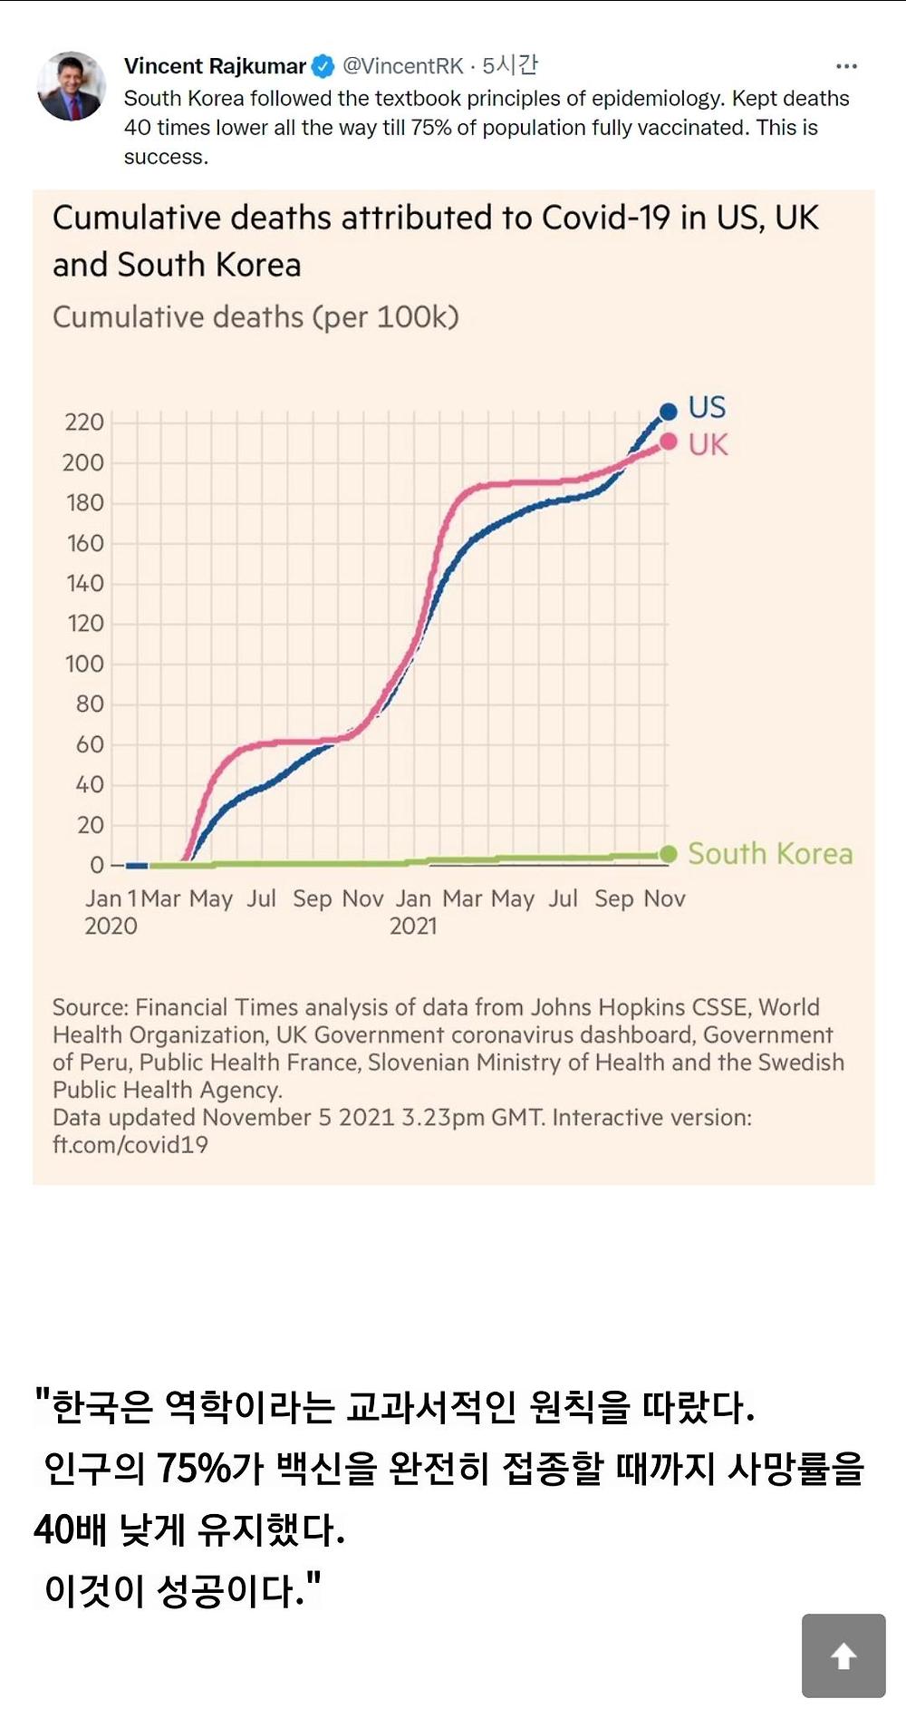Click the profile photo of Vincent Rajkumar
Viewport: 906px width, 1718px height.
pyautogui.click(x=71, y=86)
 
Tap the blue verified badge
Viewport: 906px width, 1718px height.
pyautogui.click(x=323, y=66)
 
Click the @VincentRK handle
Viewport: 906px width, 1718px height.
pyautogui.click(x=402, y=66)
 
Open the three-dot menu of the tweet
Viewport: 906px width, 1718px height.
pyautogui.click(x=846, y=66)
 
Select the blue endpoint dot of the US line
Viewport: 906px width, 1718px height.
pyautogui.click(x=669, y=412)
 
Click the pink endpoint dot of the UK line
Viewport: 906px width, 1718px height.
pyautogui.click(x=669, y=442)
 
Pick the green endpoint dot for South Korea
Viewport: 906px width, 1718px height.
pyautogui.click(x=669, y=854)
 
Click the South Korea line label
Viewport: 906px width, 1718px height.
pyautogui.click(x=770, y=854)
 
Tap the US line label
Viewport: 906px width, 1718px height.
pyautogui.click(x=707, y=407)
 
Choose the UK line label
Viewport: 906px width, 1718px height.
pyautogui.click(x=708, y=445)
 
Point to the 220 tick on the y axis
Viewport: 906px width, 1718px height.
pyautogui.click(x=84, y=422)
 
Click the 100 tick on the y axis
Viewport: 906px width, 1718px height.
pyautogui.click(x=84, y=665)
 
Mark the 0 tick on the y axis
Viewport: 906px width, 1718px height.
pyautogui.click(x=97, y=865)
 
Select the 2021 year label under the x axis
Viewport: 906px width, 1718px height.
pyautogui.click(x=413, y=927)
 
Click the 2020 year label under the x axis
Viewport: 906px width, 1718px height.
pyautogui.click(x=111, y=927)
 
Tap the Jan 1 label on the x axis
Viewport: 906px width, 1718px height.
pyautogui.click(x=111, y=898)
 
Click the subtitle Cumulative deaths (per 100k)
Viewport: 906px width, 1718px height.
pyautogui.click(x=255, y=317)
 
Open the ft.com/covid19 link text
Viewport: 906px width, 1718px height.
pyautogui.click(x=130, y=1145)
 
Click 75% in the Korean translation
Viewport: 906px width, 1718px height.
pyautogui.click(x=194, y=1468)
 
